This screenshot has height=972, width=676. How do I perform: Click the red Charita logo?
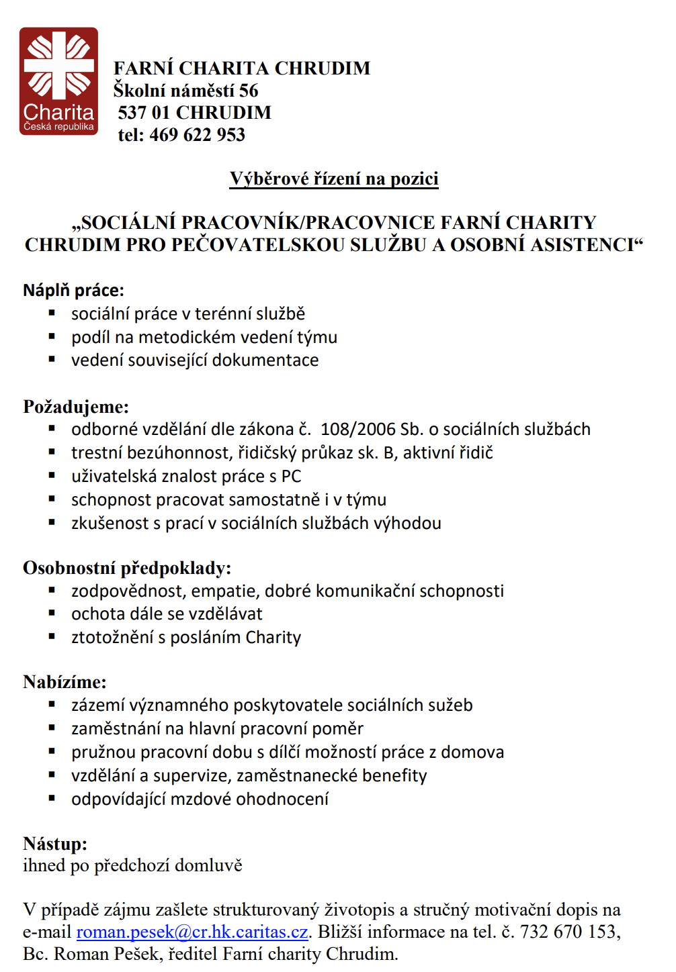tap(58, 81)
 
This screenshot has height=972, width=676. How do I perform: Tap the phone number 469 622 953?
tap(197, 135)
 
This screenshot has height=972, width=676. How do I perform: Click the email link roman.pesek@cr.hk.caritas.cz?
tap(192, 932)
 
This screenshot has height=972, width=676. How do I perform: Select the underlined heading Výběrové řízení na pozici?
tap(334, 179)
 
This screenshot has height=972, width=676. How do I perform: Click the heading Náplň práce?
tap(73, 290)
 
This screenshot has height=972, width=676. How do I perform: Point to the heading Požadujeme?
tap(76, 407)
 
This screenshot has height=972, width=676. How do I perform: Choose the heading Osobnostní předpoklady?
tap(127, 568)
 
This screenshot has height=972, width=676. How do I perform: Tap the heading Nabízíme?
tap(65, 682)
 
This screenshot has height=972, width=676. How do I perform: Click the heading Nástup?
tap(55, 844)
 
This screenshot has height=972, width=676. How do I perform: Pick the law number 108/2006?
tap(357, 430)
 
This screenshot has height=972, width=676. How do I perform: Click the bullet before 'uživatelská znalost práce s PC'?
tap(52, 476)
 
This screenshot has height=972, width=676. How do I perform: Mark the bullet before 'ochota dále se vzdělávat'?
tap(52, 614)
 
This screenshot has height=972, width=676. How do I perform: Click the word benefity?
tap(394, 776)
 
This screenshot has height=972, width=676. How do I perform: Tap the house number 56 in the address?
tap(248, 91)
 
